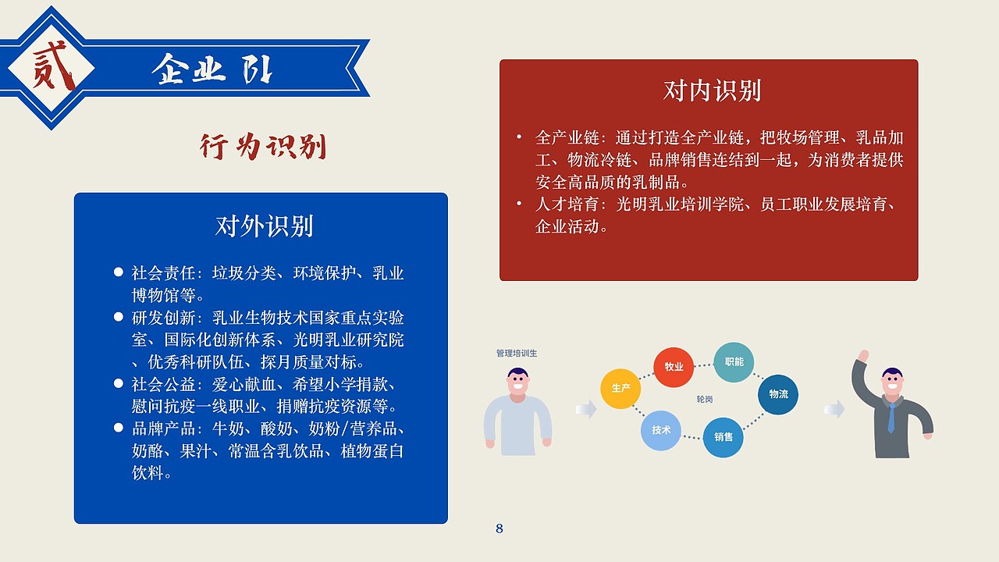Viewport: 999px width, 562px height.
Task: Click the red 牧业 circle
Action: pyautogui.click(x=674, y=367)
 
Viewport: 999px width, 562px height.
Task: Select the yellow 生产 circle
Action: pyautogui.click(x=620, y=388)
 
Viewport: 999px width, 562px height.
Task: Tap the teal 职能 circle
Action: pyautogui.click(x=734, y=362)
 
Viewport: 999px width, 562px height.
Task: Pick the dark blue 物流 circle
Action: pyautogui.click(x=778, y=394)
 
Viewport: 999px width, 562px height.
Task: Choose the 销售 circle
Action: pyautogui.click(x=723, y=437)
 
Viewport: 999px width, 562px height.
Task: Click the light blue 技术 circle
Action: pyautogui.click(x=661, y=430)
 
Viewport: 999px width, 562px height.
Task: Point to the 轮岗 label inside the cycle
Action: pyautogui.click(x=705, y=399)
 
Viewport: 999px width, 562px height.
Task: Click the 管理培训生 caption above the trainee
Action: pyautogui.click(x=517, y=353)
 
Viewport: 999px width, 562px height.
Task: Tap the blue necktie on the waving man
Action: pyautogui.click(x=891, y=418)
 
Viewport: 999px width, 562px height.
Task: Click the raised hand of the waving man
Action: pyautogui.click(x=862, y=355)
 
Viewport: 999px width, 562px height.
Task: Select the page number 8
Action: pyautogui.click(x=499, y=528)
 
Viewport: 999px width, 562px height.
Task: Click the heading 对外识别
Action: pyautogui.click(x=264, y=226)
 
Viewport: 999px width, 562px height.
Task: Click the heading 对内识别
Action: pyautogui.click(x=712, y=91)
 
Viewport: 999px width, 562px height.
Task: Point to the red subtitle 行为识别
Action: pyautogui.click(x=263, y=147)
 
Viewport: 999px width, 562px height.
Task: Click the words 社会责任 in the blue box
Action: pyautogui.click(x=162, y=273)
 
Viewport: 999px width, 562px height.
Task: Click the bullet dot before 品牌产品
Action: pyautogui.click(x=119, y=428)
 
